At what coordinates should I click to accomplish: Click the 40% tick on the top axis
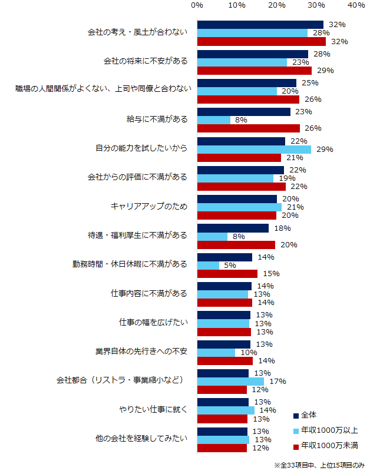(x=356, y=5)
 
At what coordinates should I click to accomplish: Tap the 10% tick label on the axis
(x=237, y=5)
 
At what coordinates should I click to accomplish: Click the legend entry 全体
(x=308, y=415)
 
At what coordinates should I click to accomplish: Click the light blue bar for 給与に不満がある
(x=214, y=120)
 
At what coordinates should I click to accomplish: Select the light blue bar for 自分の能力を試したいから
(x=254, y=150)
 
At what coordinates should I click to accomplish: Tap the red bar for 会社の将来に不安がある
(x=255, y=71)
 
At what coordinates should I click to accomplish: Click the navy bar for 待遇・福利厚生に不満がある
(x=233, y=228)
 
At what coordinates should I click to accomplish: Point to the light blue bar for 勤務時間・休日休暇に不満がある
(x=208, y=266)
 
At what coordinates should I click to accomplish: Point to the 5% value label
(x=230, y=266)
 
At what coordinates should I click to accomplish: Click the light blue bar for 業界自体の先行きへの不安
(x=216, y=352)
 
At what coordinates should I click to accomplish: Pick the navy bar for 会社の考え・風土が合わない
(x=260, y=25)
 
